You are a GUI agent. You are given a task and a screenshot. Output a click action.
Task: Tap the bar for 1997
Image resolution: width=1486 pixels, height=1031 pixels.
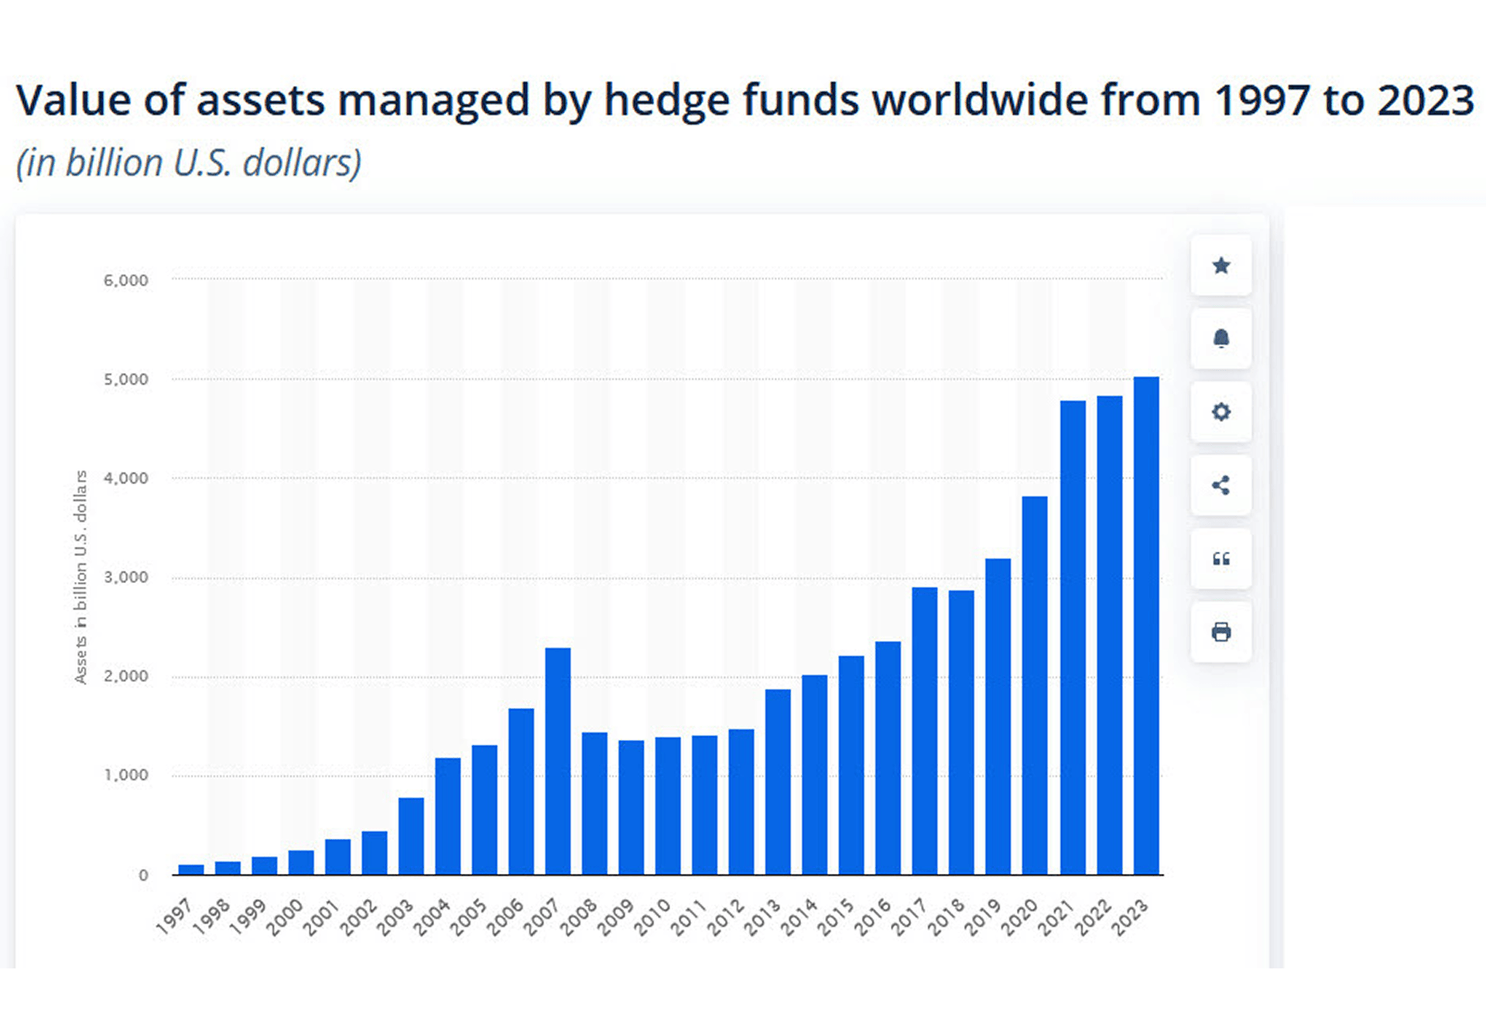191,869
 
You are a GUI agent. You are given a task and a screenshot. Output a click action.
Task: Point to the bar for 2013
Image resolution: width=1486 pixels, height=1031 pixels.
778,782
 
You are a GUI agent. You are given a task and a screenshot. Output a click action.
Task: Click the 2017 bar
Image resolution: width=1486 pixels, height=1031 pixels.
925,731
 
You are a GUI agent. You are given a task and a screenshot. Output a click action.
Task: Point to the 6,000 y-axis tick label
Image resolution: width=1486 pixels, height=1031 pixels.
125,280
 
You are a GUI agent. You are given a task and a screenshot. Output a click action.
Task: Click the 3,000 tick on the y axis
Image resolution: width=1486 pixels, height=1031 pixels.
125,577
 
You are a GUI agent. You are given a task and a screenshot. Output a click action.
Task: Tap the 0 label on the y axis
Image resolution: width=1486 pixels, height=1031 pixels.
143,875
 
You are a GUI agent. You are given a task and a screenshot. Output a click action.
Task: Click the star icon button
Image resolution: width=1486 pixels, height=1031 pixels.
1221,265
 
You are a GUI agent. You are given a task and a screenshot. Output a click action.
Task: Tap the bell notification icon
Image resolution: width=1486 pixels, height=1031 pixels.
1221,338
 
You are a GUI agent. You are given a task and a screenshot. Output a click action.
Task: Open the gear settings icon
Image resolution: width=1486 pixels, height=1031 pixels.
1221,412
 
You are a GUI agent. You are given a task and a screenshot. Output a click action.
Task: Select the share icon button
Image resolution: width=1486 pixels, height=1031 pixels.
1221,485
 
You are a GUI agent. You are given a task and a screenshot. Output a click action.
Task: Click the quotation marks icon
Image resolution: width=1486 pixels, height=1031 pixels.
1221,559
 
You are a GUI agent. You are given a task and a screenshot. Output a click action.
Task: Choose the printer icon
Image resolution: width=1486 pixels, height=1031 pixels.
1221,632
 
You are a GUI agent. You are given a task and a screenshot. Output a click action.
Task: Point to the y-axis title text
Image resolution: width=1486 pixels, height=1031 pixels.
80,577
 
